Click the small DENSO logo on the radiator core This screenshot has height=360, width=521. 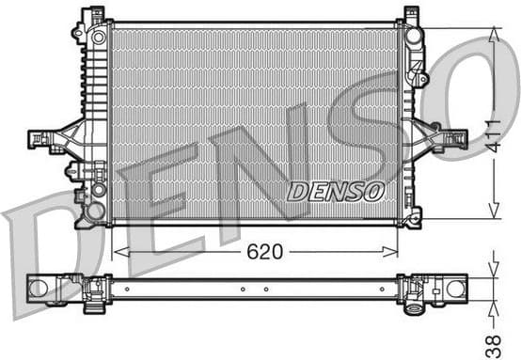click(335, 192)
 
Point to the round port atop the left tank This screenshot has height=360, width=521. click(99, 38)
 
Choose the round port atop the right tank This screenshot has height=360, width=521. click(413, 36)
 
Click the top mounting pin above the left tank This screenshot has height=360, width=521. click(94, 14)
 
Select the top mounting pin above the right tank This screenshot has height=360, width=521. click(411, 13)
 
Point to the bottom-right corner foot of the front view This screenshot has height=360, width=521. click(412, 219)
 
